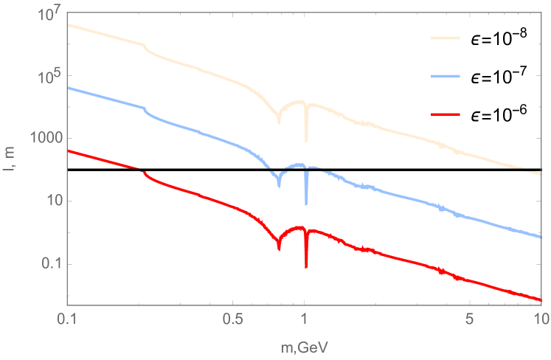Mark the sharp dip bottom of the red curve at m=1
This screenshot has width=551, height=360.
306,267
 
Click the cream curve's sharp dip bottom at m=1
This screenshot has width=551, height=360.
306,140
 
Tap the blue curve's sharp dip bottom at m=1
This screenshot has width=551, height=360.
306,204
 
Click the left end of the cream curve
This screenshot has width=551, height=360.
68,24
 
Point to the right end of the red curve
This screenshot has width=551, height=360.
541,300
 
